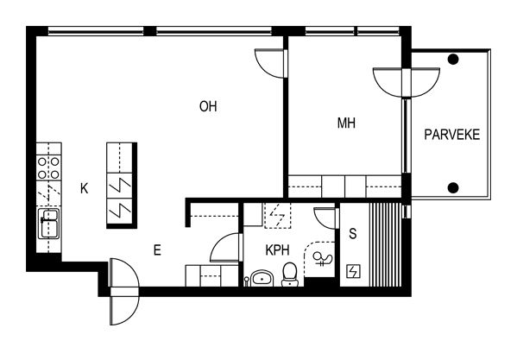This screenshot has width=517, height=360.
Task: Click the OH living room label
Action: pos(208,106)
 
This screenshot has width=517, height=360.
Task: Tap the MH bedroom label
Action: pos(346,123)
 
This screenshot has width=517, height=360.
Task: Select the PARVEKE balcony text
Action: pos(451,135)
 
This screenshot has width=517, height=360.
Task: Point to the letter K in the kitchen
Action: pos(85,188)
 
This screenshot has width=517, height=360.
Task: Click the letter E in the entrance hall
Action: pos(157,250)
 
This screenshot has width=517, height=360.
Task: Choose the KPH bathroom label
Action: pos(278,250)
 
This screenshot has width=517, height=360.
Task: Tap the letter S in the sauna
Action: pos(353,234)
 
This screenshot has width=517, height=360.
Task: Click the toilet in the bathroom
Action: pos(290,275)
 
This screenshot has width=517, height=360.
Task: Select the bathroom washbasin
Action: pos(262,278)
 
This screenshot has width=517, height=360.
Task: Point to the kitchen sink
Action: pos(49,224)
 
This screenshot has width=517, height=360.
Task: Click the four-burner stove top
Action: pos(48,167)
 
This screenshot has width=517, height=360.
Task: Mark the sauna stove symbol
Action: pos(353,271)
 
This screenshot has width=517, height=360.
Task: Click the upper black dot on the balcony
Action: pos(453,60)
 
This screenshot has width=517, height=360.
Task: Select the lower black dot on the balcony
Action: pos(453,187)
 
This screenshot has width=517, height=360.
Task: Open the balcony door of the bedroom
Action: pos(407,82)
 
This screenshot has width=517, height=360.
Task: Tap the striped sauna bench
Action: pos(385,244)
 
